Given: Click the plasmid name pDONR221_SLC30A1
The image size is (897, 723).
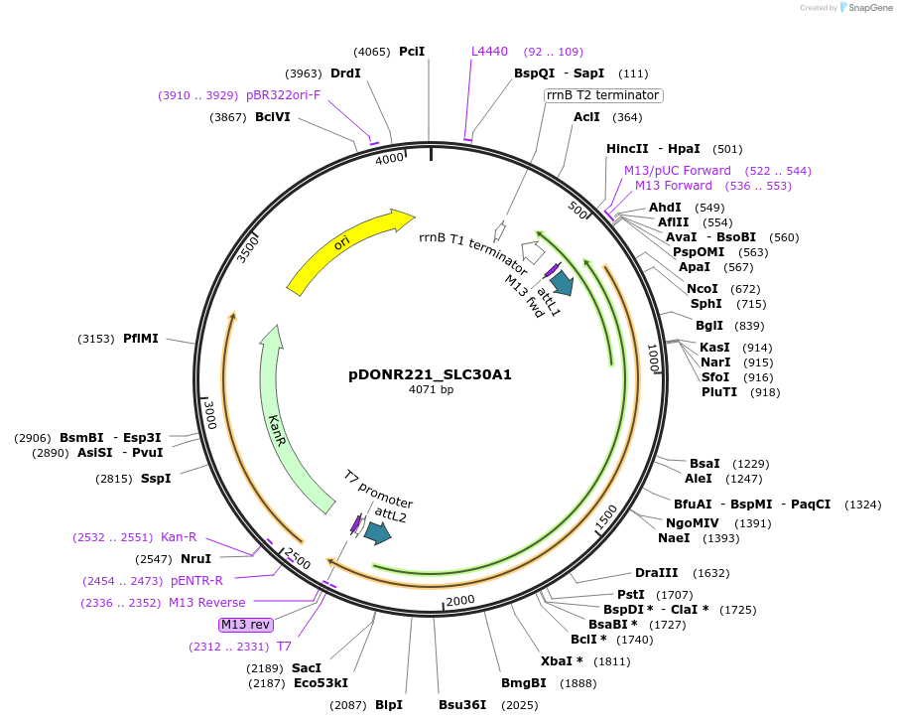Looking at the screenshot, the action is click(430, 374).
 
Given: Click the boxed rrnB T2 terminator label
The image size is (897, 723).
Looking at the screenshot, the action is click(603, 95).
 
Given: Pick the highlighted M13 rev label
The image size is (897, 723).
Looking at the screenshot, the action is click(245, 625).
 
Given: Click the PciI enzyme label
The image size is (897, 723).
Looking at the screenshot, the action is click(412, 52).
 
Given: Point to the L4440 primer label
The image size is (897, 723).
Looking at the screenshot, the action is click(489, 52).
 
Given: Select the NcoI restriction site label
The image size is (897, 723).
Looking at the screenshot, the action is click(703, 289).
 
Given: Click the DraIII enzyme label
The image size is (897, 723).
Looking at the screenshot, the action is click(656, 573).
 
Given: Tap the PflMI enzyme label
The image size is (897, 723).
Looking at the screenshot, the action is click(141, 339).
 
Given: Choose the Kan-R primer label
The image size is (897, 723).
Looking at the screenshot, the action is click(179, 537).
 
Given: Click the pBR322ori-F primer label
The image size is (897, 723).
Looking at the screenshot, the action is click(283, 95).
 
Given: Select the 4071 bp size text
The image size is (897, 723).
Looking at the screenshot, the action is click(431, 390).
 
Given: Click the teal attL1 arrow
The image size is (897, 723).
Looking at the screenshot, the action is click(563, 283).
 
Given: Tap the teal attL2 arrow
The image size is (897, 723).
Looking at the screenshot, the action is click(377, 533).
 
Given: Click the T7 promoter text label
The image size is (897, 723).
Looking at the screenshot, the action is click(378, 489).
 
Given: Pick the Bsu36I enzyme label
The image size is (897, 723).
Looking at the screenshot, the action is click(462, 705).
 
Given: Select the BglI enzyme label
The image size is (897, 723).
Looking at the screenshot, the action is click(708, 326).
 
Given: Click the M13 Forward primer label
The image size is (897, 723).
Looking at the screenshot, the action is click(674, 186).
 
